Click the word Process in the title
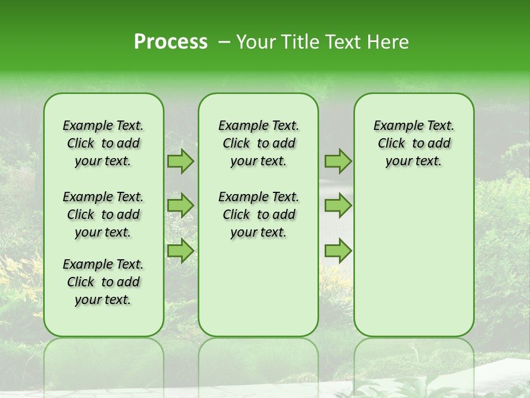171,42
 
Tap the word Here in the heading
388,42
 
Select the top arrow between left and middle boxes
180,161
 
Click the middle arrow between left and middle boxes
180,206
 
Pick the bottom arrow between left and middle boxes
180,251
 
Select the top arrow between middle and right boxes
338,161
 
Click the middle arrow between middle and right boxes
338,206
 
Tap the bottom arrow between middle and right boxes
338,251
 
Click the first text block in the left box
103,143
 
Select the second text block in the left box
103,214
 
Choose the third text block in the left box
103,282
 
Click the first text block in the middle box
258,143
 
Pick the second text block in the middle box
258,214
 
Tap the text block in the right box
414,143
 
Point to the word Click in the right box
391,144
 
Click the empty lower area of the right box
414,260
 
